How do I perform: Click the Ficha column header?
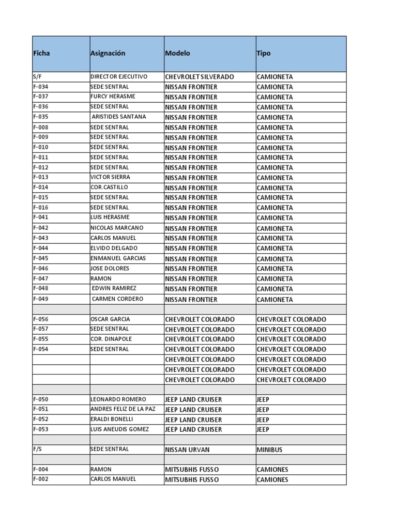coord(42,53)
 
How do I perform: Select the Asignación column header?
coord(108,53)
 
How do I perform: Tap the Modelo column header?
coord(177,53)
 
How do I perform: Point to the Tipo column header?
coord(263,53)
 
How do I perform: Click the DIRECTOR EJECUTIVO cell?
coord(119,76)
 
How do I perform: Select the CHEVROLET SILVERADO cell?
coord(199,77)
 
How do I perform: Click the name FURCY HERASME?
coord(113,97)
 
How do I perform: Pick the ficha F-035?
coord(41,117)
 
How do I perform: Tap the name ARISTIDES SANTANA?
coord(118,117)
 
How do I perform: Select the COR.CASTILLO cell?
coord(109,187)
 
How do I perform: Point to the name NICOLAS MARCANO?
coord(117,228)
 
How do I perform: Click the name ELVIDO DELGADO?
coord(114,248)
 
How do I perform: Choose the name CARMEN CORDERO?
coord(117,299)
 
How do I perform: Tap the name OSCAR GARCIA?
coord(110,319)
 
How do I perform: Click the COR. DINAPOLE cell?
coord(111,339)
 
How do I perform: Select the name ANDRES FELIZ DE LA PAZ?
coord(123,409)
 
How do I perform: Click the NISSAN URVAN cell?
coord(187,449)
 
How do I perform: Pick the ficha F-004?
coord(41,470)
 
